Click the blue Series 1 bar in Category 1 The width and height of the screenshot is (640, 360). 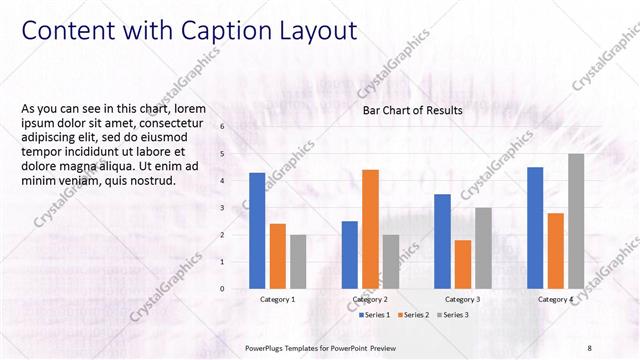tap(257, 231)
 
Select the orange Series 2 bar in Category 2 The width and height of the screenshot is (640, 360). tap(370, 229)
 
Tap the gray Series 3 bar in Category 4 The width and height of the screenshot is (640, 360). tap(576, 221)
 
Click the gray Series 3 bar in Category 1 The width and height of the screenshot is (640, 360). tap(298, 262)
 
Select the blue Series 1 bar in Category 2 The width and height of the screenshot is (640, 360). tap(349, 255)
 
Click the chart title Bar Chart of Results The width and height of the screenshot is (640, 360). tap(412, 111)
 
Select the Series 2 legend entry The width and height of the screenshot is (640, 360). tap(414, 315)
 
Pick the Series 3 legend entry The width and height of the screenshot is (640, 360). tap(452, 315)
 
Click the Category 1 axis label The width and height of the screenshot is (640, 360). tap(277, 299)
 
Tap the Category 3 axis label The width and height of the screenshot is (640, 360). tap(462, 299)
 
